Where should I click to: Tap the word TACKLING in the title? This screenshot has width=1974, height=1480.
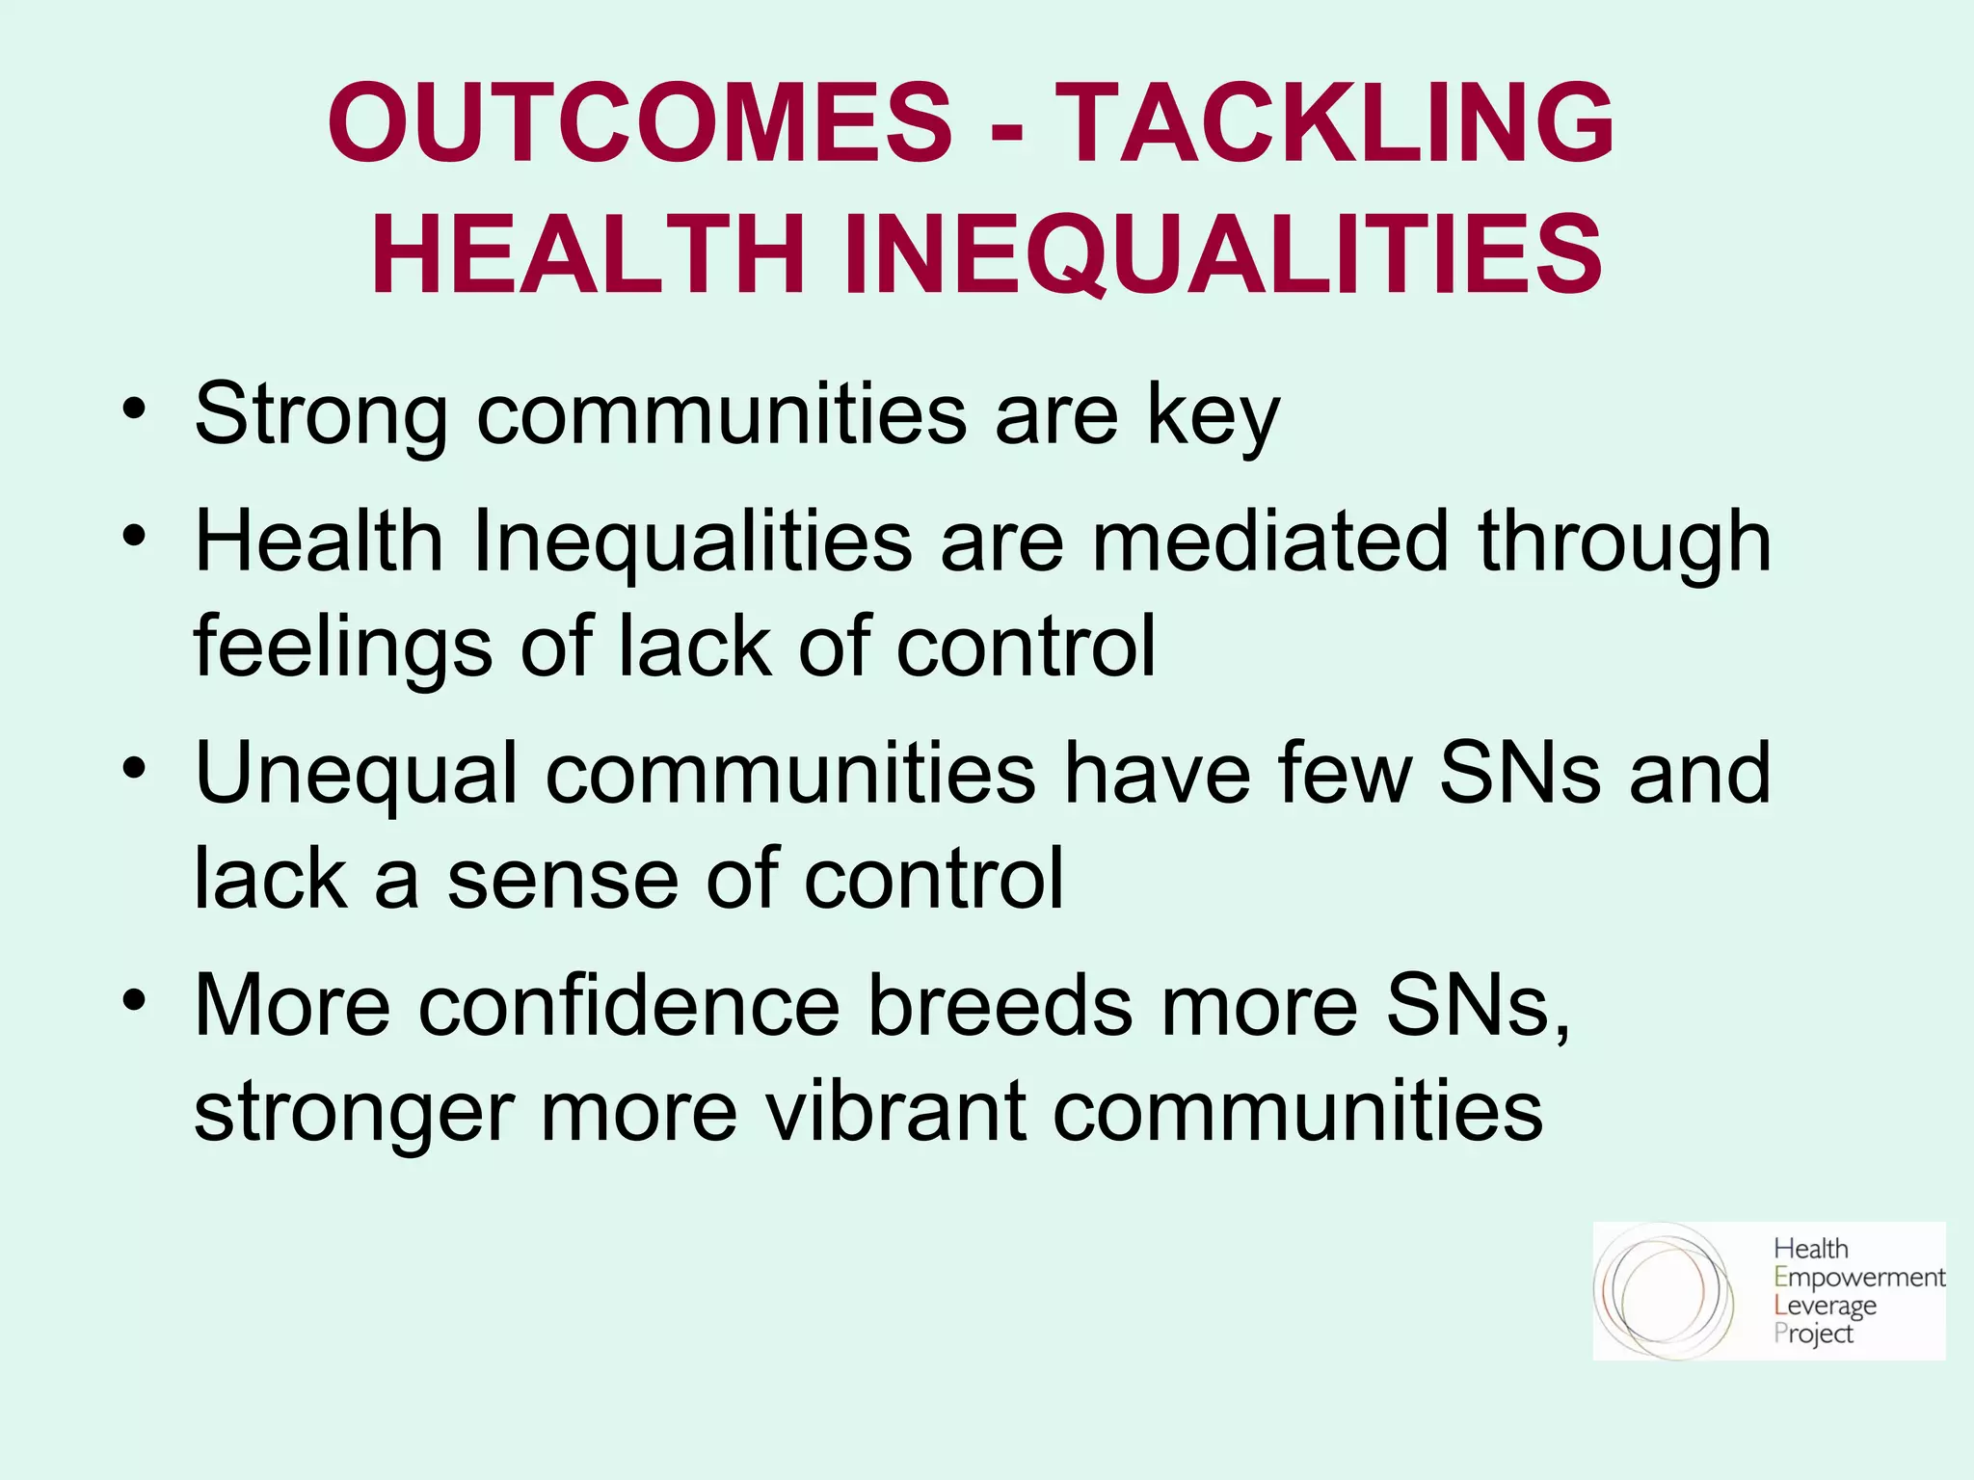1335,123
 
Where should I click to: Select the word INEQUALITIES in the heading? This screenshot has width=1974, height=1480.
1222,255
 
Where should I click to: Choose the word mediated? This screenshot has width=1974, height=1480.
1269,542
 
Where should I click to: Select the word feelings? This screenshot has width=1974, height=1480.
343,647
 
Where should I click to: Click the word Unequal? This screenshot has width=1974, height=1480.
357,774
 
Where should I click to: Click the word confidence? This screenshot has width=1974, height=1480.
628,1006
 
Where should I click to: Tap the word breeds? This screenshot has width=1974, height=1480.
1000,1006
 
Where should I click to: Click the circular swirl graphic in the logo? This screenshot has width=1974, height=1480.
1664,1291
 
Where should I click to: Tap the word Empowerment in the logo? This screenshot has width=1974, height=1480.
1859,1279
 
